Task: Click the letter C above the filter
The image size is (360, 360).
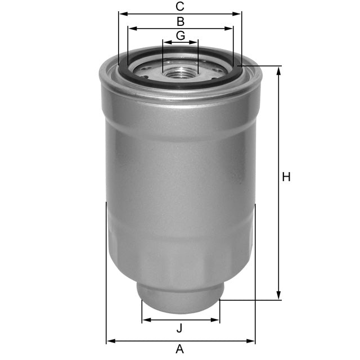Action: (x=180, y=7)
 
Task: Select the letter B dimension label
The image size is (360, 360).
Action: (x=180, y=22)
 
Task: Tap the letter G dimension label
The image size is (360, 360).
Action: (x=180, y=35)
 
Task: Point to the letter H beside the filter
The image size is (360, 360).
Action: (x=286, y=177)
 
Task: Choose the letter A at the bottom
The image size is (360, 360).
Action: (x=179, y=349)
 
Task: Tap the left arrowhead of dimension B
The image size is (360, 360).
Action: (x=131, y=28)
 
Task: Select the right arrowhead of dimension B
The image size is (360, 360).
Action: (x=229, y=28)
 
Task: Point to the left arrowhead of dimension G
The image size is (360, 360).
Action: (x=165, y=42)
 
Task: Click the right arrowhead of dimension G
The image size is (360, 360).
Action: (x=195, y=42)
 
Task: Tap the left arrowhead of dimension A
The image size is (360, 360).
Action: (x=110, y=340)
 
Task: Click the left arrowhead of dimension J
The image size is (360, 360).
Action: (x=145, y=320)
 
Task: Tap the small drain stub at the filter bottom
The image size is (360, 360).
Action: (x=180, y=298)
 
